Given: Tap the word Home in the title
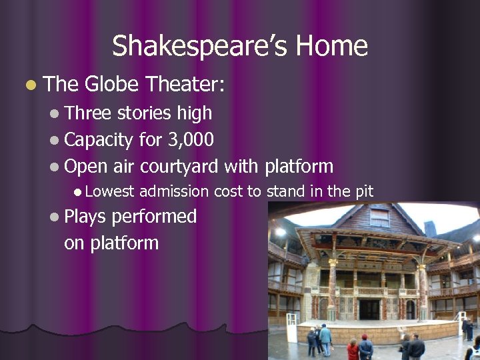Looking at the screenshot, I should coord(331,47).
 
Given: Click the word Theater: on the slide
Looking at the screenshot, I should coord(185,85).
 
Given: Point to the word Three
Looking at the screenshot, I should coord(88,113).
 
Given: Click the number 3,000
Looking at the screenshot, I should coord(191,139).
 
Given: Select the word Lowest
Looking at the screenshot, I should coord(109,192).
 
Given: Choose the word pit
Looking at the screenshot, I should coord(364,192).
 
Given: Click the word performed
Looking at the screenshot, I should coord(154,217).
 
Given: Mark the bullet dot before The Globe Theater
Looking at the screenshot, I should coord(29,85).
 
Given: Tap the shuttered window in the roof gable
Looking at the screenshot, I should coord(379,218).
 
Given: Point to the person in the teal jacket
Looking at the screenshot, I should coord(325,337).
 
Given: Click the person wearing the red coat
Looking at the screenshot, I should coord(353,349).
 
